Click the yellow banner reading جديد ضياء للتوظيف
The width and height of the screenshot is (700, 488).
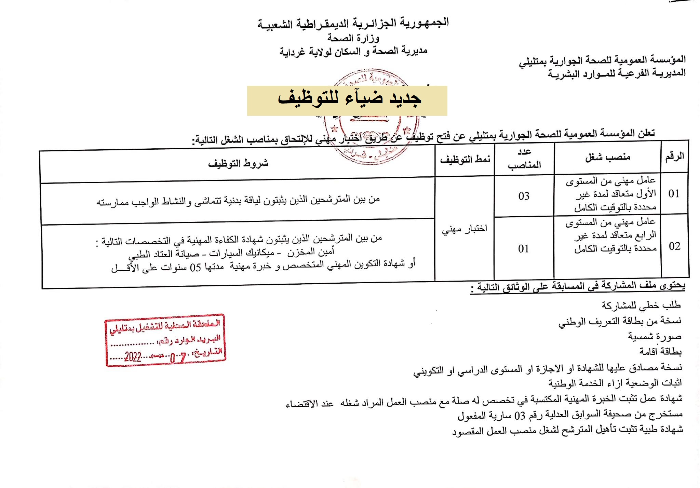click(x=347, y=100)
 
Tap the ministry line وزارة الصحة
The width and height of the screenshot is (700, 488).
click(x=353, y=38)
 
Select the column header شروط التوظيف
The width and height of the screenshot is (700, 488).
click(x=238, y=164)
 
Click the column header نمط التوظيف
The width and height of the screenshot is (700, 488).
click(x=465, y=160)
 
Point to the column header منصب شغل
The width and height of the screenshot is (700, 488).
click(x=607, y=157)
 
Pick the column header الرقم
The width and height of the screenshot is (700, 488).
click(x=674, y=157)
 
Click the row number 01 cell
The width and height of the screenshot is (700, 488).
click(x=674, y=194)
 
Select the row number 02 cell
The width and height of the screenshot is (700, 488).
click(x=674, y=246)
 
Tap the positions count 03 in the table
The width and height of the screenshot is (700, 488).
click(x=524, y=196)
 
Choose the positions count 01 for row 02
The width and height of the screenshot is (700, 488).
click(x=523, y=249)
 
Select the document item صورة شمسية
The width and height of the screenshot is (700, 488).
click(x=654, y=337)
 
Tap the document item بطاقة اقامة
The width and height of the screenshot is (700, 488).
click(x=660, y=351)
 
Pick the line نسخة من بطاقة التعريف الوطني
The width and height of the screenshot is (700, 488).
click(x=619, y=321)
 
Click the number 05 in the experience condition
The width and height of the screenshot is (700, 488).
click(x=195, y=268)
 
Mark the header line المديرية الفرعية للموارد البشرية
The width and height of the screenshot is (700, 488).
click(x=617, y=73)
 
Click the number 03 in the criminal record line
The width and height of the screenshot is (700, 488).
click(x=520, y=416)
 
